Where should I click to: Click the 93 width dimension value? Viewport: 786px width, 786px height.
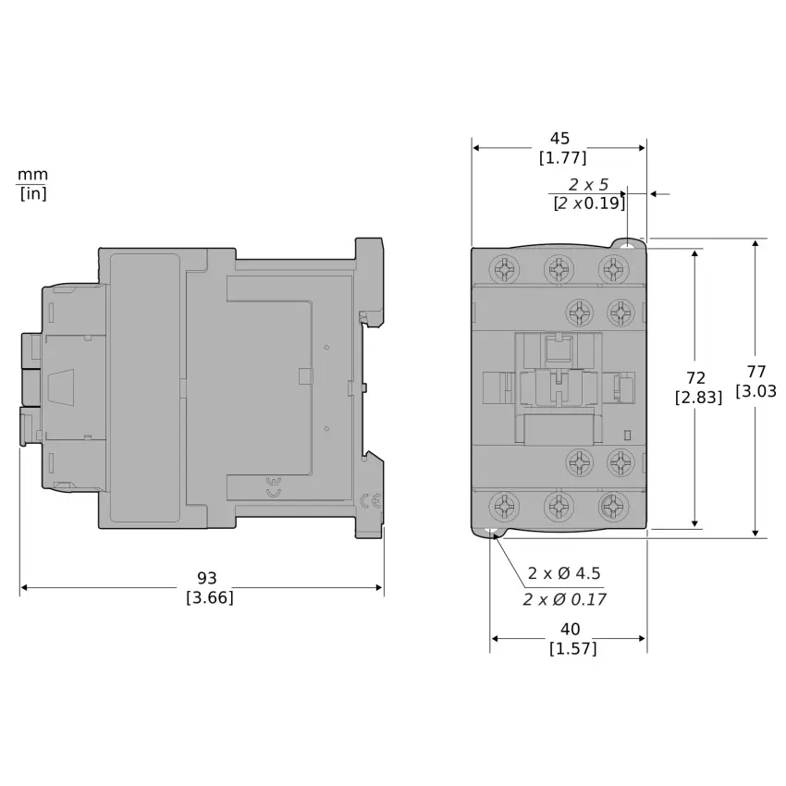pyautogui.click(x=210, y=578)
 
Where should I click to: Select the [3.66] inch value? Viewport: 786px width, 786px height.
pyautogui.click(x=210, y=597)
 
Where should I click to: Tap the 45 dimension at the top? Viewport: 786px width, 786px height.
pyautogui.click(x=559, y=139)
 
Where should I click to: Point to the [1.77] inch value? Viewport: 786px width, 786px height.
pyautogui.click(x=562, y=157)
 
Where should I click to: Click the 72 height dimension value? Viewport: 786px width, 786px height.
pyautogui.click(x=696, y=377)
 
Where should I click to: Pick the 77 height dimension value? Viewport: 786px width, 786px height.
pyautogui.click(x=756, y=372)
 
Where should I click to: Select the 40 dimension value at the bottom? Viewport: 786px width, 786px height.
pyautogui.click(x=571, y=629)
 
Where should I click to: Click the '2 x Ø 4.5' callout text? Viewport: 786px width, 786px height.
pyautogui.click(x=564, y=572)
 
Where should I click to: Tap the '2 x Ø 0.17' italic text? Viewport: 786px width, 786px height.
pyautogui.click(x=564, y=599)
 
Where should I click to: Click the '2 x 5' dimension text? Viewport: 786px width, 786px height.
pyautogui.click(x=588, y=184)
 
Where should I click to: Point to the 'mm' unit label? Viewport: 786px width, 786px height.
pyautogui.click(x=33, y=175)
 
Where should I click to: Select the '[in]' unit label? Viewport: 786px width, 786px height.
pyautogui.click(x=33, y=193)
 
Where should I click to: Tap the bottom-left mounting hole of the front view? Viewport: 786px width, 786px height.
pyautogui.click(x=490, y=533)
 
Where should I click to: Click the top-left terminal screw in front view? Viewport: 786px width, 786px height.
pyautogui.click(x=505, y=268)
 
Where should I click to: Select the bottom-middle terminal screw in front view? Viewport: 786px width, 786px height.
pyautogui.click(x=559, y=506)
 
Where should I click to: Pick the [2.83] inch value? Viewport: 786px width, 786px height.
pyautogui.click(x=696, y=397)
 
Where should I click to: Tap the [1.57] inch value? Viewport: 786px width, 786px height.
pyautogui.click(x=572, y=648)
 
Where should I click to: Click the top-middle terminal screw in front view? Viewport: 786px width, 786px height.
pyautogui.click(x=559, y=268)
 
